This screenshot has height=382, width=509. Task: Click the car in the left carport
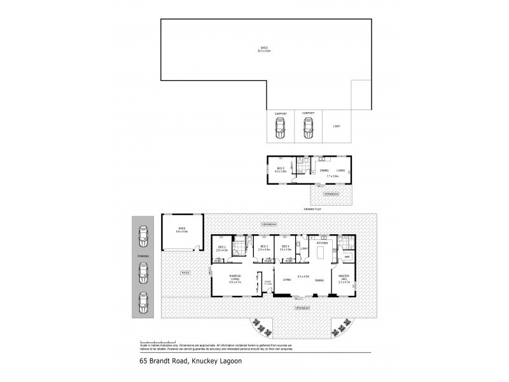[279, 130]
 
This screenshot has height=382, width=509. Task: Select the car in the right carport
[309, 130]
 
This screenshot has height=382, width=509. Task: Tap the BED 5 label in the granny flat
[280, 170]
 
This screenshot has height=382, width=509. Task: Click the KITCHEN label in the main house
[322, 243]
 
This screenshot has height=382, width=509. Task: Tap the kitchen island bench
[321, 255]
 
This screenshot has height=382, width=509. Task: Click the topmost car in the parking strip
[143, 238]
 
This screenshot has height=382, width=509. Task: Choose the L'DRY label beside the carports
[337, 127]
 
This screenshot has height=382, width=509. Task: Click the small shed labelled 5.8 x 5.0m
[181, 232]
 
